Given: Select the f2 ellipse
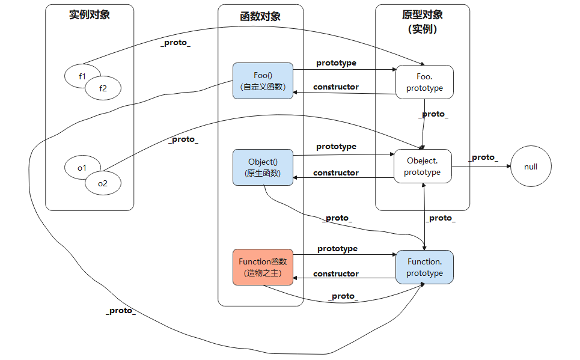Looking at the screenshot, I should tap(103, 89).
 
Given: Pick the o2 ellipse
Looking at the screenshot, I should tap(103, 183).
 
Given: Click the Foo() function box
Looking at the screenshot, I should tap(263, 81).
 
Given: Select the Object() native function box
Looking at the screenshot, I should tap(263, 168).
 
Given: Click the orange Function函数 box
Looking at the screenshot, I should tap(263, 267).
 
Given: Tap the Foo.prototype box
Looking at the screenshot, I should tap(424, 82).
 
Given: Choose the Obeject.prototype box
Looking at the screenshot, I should tap(422, 166).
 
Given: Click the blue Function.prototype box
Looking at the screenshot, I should tap(424, 267).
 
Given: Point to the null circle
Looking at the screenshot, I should tap(531, 166).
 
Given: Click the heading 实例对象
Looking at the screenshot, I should tap(90, 15).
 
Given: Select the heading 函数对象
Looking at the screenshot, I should tap(260, 16).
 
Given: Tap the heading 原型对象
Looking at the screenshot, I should tap(423, 15).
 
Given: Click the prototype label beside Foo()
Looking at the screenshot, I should tap(336, 63).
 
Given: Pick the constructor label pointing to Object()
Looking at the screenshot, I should tap(335, 172).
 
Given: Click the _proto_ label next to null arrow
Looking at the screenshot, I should tap(484, 157).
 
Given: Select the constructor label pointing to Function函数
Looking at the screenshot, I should tap(335, 273).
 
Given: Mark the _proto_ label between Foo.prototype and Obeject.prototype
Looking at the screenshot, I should tap(433, 114).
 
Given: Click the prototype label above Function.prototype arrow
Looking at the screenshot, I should tap(337, 248).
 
